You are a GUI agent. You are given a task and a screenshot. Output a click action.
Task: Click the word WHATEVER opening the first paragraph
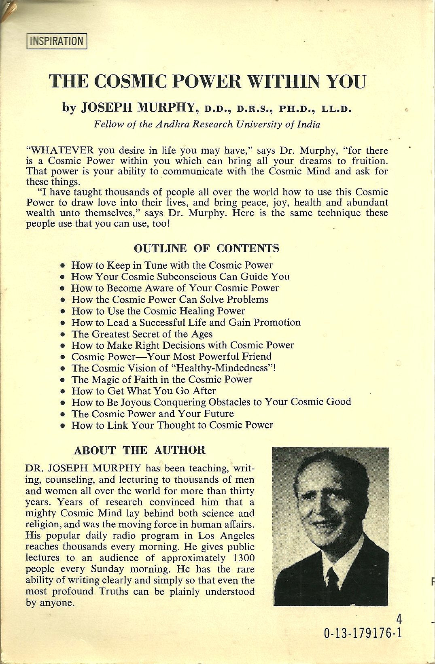pyautogui.click(x=60, y=151)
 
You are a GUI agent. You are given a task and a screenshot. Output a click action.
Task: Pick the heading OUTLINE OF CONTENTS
pyautogui.click(x=206, y=248)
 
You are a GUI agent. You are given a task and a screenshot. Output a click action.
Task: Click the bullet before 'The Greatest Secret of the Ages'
pyautogui.click(x=62, y=335)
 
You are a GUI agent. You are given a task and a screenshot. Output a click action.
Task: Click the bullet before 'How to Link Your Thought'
pyautogui.click(x=62, y=426)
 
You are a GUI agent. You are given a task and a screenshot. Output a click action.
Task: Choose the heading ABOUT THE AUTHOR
pyautogui.click(x=140, y=450)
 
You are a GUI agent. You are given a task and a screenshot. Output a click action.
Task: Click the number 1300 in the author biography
pyautogui.click(x=240, y=558)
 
